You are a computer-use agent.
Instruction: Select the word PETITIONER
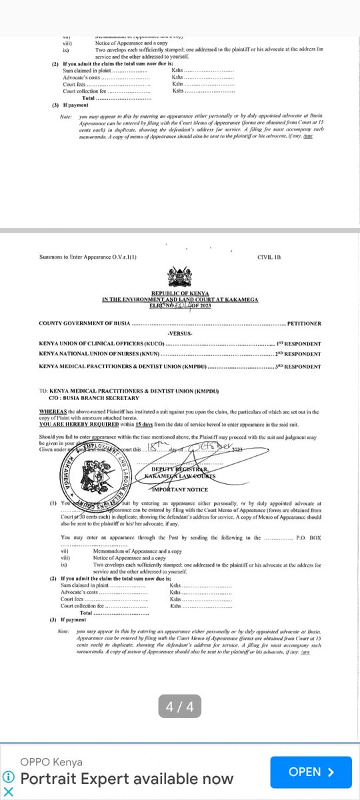coord(303,324)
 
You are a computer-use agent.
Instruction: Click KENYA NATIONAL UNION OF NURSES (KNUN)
coord(100,355)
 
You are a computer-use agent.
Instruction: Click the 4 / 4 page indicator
coord(180,707)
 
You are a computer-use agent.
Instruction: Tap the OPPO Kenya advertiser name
coord(51,762)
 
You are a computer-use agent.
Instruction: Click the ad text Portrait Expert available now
coord(127,778)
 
